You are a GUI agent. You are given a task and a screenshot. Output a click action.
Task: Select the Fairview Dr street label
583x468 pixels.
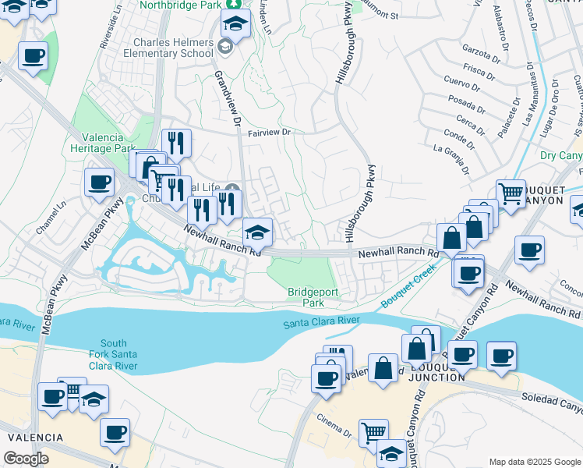tap(269, 133)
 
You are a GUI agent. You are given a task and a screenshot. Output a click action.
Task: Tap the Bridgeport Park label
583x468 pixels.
tap(306, 296)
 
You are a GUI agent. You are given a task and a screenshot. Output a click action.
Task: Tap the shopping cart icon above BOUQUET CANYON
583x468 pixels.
tap(511, 191)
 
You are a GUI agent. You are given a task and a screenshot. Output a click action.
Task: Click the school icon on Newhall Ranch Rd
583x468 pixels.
tap(258, 231)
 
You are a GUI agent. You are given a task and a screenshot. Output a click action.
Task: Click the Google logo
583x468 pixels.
tap(26, 459)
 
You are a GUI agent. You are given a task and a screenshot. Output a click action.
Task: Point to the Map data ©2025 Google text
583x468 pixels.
tap(533, 462)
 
